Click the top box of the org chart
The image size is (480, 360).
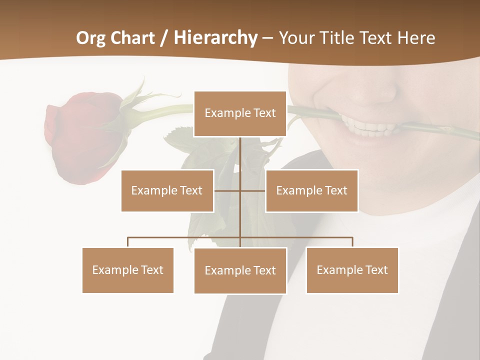[x=240, y=113]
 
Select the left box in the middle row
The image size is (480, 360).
[x=167, y=190]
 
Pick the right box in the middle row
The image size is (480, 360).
[x=311, y=190]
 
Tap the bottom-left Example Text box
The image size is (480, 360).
[x=128, y=270]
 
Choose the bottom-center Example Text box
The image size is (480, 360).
[x=240, y=270]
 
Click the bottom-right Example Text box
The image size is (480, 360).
[x=352, y=270]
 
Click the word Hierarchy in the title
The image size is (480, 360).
[x=215, y=38]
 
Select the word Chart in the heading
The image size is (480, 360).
[x=134, y=38]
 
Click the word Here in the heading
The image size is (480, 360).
[x=416, y=38]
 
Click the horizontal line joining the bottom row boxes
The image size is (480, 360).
[x=185, y=237]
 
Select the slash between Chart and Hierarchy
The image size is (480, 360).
[x=164, y=38]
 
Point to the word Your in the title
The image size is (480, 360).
[x=298, y=38]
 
